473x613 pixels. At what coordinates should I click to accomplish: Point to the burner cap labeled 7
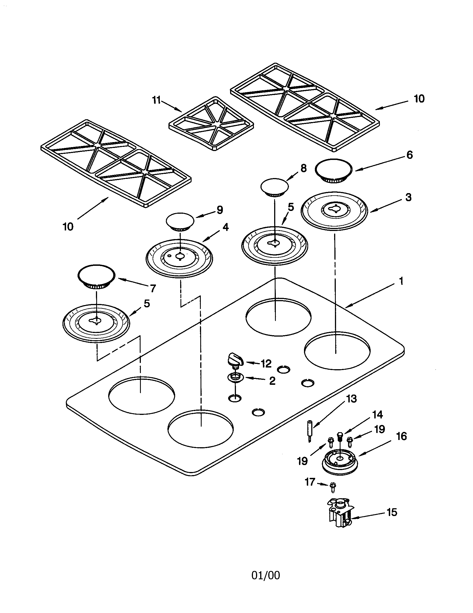(96, 276)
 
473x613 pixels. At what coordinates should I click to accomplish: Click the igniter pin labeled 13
(310, 431)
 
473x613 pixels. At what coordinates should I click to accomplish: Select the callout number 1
(401, 281)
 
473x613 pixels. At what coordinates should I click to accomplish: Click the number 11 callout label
(156, 100)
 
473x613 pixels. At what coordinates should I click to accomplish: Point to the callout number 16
(401, 436)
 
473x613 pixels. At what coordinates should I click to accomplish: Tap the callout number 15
(392, 512)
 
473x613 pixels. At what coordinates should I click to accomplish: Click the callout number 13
(351, 399)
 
